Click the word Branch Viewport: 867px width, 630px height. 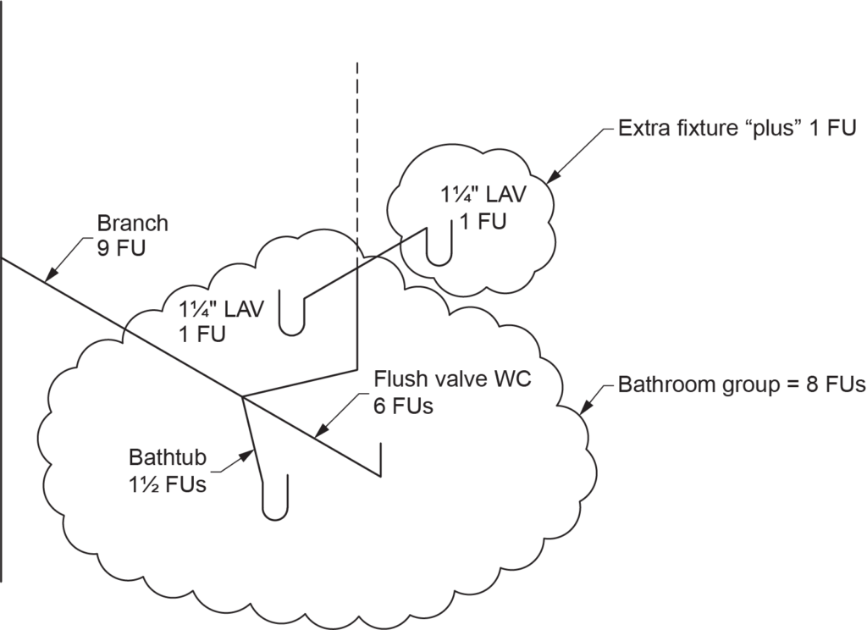click(x=133, y=224)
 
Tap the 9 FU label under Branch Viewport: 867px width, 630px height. click(x=121, y=250)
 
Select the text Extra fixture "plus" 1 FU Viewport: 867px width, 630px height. click(x=737, y=130)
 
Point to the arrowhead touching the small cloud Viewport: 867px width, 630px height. click(x=548, y=179)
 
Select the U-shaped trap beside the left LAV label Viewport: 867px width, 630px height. click(x=291, y=318)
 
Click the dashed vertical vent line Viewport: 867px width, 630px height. click(x=358, y=152)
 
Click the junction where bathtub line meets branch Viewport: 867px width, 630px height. click(x=243, y=396)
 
